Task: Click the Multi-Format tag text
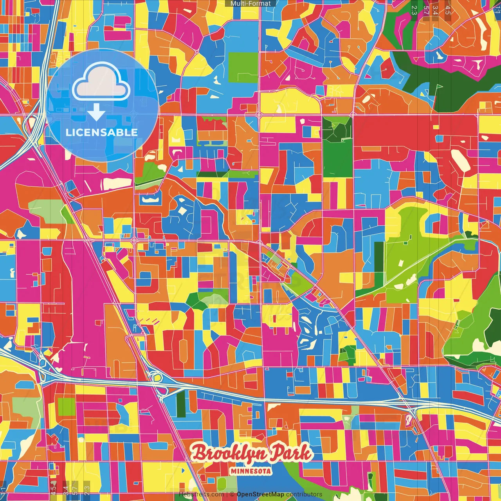point(250,4)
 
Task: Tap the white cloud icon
point(101,82)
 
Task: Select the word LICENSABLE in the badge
point(102,132)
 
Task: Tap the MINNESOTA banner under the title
point(251,471)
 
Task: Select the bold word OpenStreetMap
point(260,494)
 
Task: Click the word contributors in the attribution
point(304,494)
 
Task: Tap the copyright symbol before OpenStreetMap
point(232,494)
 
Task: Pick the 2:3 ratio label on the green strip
point(414,10)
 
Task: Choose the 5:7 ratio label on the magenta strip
point(425,10)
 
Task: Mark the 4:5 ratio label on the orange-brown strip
point(448,10)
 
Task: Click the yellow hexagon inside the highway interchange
point(158,377)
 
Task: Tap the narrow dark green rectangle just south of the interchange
point(180,404)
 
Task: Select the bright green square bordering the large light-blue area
point(243,62)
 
